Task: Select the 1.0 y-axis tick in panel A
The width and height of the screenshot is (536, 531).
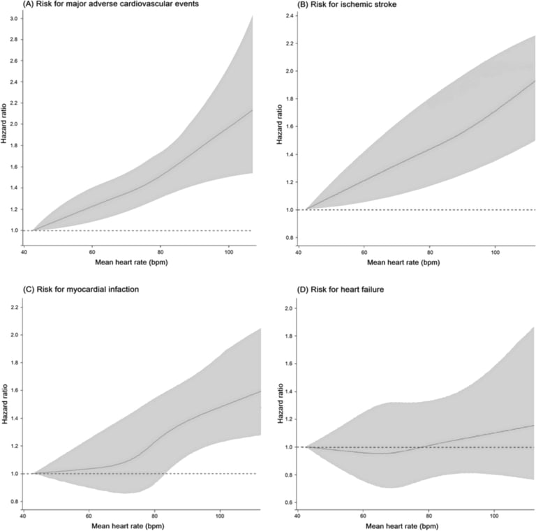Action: pos(15,230)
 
